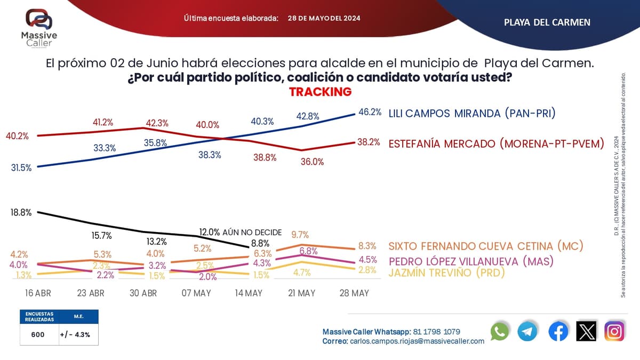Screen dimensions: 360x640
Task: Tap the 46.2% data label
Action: tap(370, 113)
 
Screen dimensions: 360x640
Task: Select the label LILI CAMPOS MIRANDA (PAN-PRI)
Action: tap(472, 113)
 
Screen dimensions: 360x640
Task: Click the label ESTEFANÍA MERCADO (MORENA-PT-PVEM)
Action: tap(496, 143)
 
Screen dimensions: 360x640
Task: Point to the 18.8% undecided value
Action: tap(21, 212)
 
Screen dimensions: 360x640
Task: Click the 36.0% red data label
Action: tap(313, 162)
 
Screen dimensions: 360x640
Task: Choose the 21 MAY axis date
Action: tap(301, 293)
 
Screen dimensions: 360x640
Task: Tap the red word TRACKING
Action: tap(320, 92)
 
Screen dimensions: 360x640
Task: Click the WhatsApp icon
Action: tap(500, 332)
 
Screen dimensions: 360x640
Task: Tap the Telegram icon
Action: tap(527, 332)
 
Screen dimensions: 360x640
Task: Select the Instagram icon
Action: tap(614, 332)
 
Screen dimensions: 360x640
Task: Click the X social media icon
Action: tap(586, 332)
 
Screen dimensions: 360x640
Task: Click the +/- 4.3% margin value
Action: tap(75, 334)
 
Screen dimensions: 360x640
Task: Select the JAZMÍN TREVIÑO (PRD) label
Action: tap(446, 273)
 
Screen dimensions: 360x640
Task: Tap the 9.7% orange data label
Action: tap(300, 235)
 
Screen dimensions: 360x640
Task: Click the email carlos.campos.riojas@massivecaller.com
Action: tap(417, 341)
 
